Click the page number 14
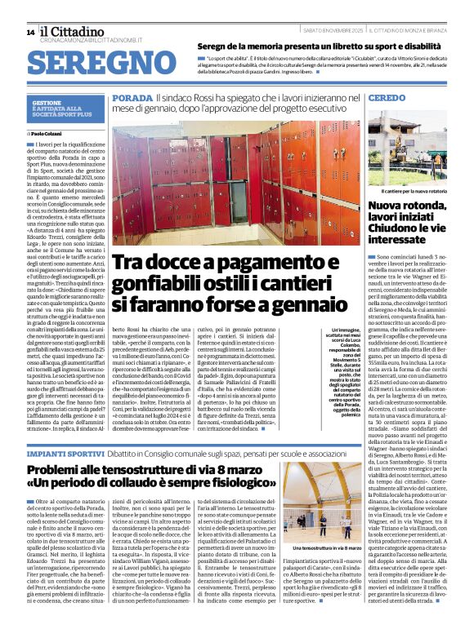30,32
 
